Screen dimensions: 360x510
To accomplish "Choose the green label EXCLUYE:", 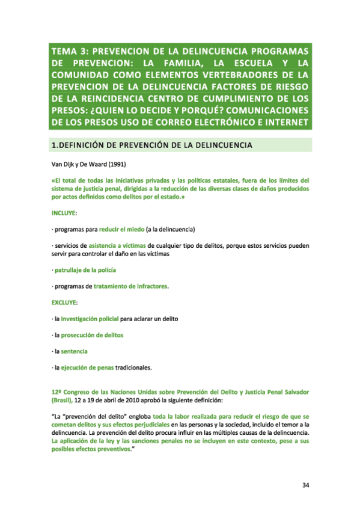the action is click(65, 302).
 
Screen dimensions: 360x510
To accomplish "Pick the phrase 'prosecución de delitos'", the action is click(92, 335).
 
